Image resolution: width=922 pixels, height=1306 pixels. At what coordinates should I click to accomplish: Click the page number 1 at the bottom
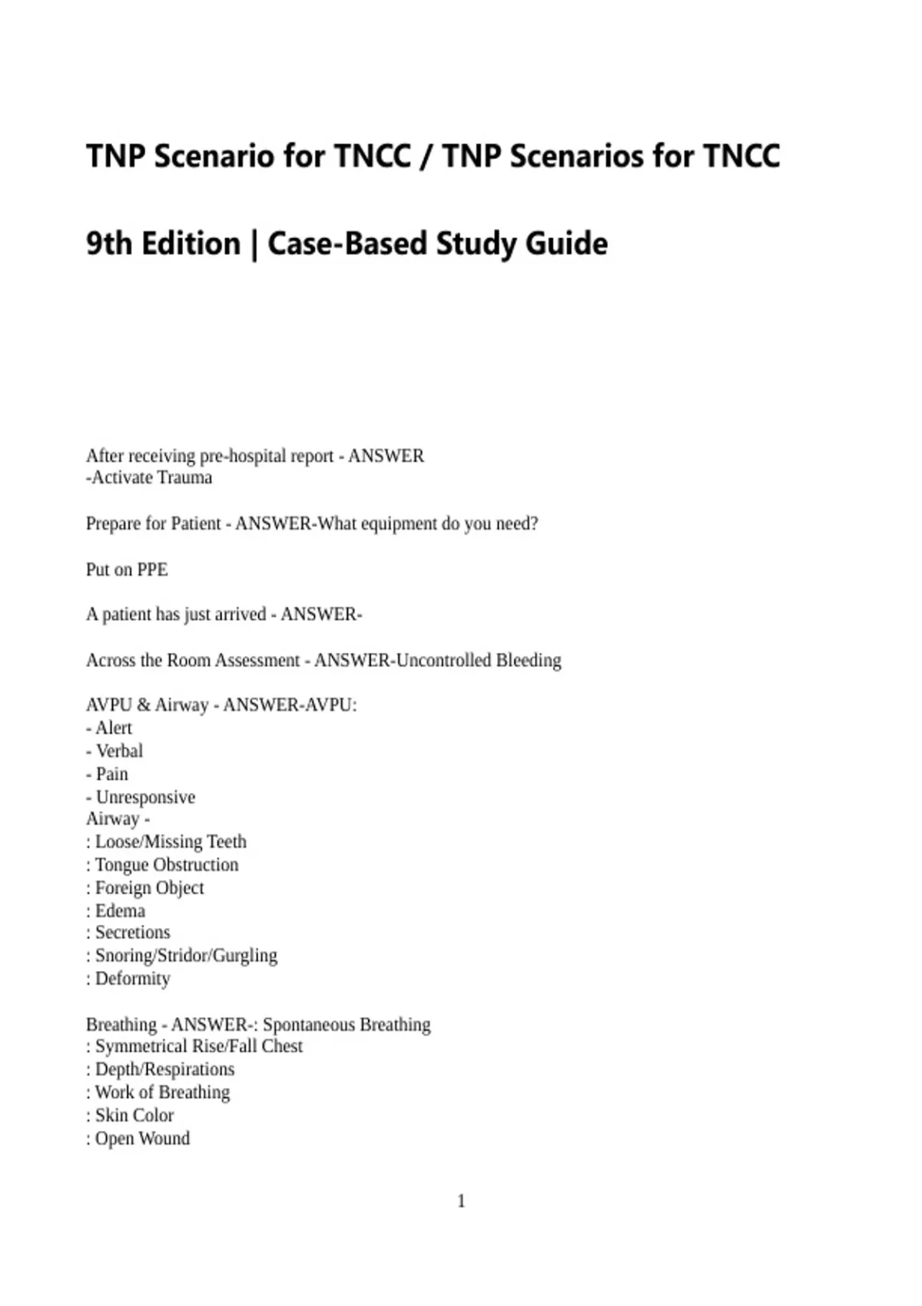461,1201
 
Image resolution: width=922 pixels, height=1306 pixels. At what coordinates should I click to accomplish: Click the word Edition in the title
191,244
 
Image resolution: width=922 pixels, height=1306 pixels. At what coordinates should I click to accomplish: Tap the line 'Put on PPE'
127,569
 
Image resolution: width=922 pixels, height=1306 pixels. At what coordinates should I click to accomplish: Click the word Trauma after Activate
182,478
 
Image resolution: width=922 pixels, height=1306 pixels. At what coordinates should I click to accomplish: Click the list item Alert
113,728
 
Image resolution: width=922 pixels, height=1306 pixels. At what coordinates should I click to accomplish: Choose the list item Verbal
118,751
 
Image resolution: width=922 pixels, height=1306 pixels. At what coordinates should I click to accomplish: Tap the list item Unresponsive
144,797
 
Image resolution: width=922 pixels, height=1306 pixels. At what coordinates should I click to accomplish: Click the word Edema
120,911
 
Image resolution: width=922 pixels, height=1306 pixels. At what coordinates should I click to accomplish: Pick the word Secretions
132,933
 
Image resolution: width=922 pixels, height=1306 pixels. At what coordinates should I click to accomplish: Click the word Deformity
132,979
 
